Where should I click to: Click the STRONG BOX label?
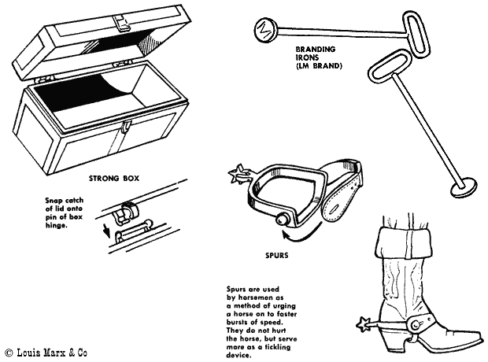coord(115,178)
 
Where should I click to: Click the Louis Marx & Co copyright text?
coord(46,352)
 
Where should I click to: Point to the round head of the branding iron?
coord(262,31)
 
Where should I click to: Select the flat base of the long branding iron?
coord(464,187)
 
